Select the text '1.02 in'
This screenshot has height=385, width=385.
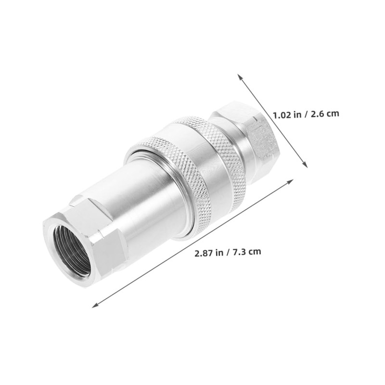point(287,115)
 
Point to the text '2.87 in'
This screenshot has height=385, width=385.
point(208,252)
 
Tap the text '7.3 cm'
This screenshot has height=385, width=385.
point(247,252)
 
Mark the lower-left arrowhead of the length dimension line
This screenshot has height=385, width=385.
point(95,305)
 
